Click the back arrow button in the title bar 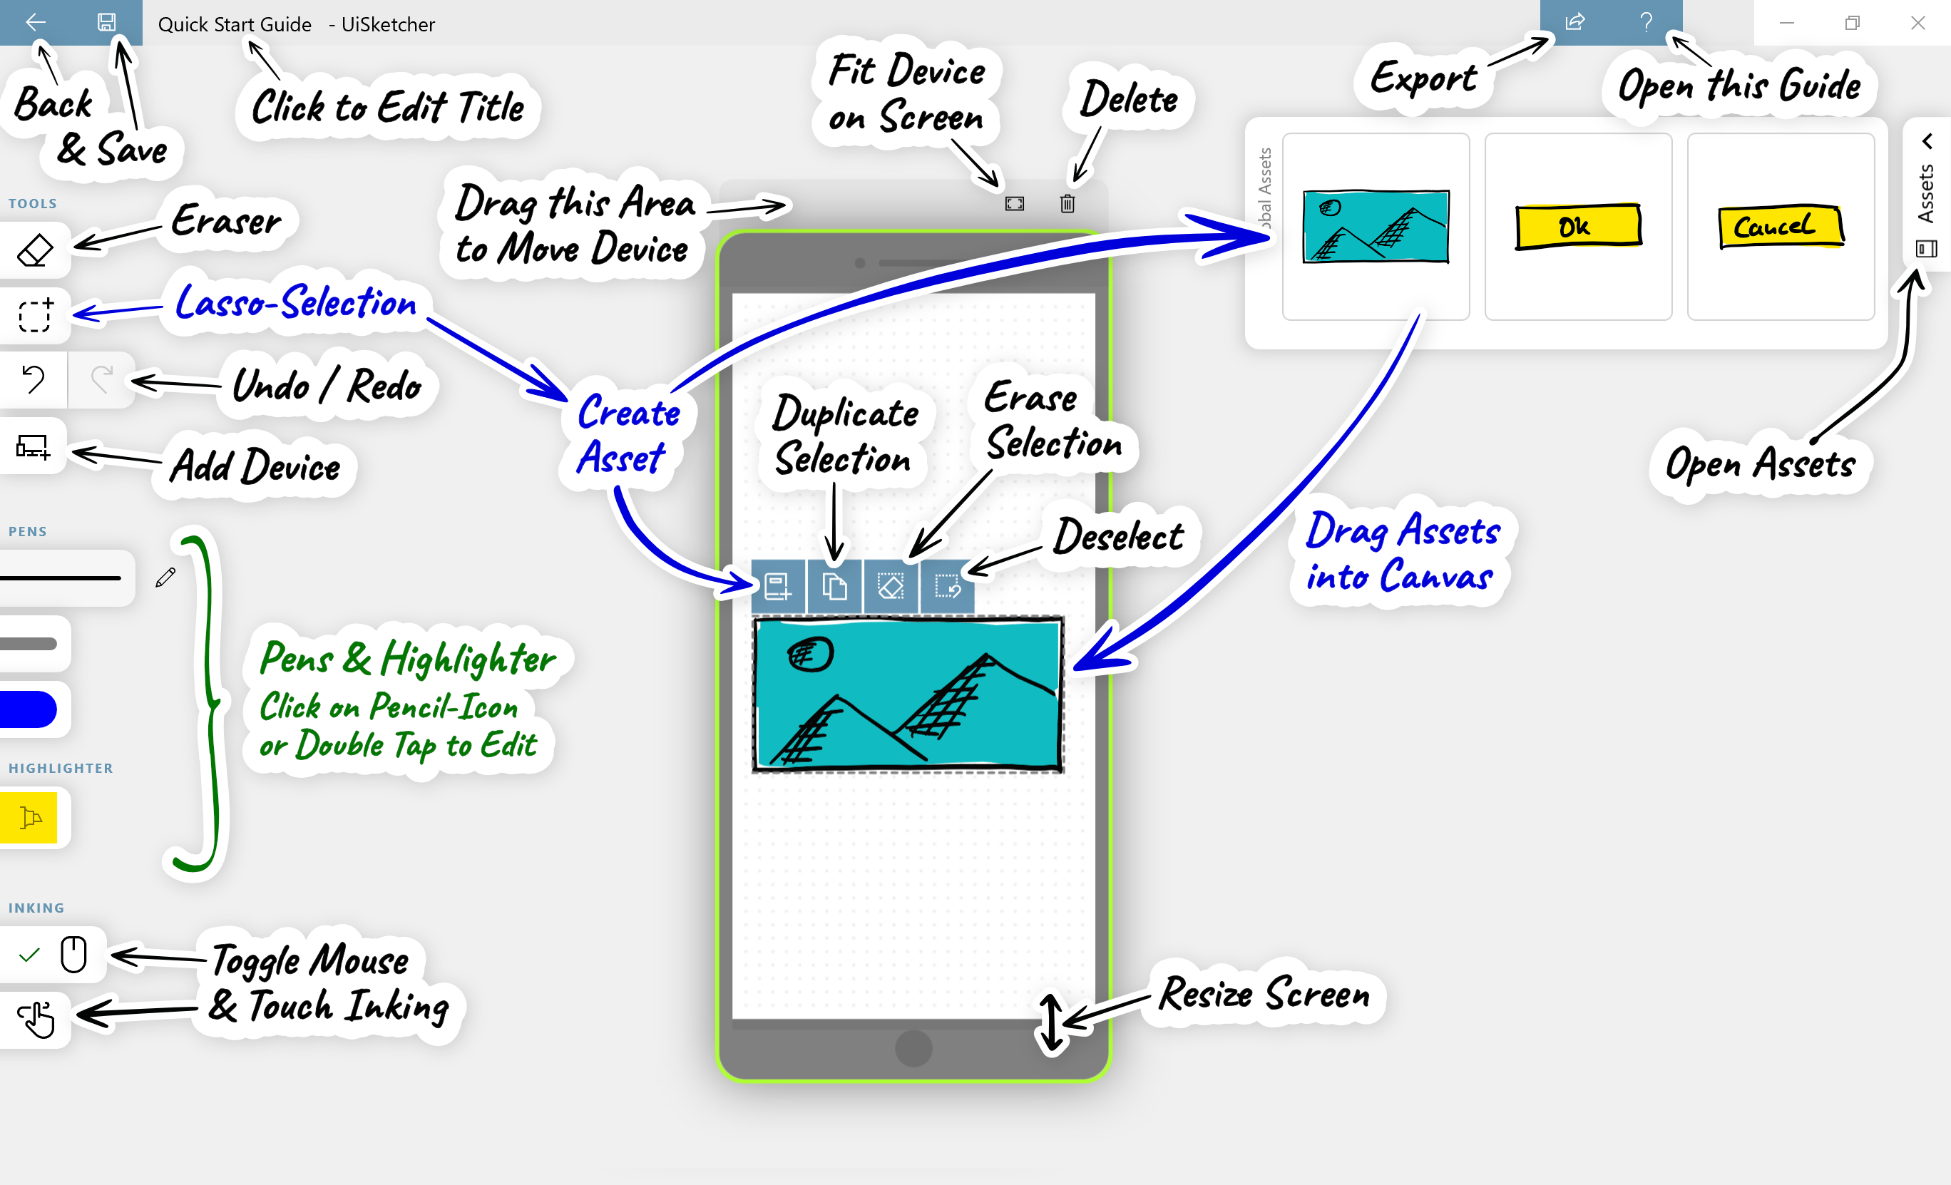35,22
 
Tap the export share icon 1575,22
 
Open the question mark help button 1646,22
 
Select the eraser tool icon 35,251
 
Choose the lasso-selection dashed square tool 35,315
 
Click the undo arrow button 34,379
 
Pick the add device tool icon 34,446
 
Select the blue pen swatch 29,709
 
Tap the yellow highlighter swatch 29,817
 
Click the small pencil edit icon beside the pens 165,577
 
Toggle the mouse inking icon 73,954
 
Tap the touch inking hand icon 36,1019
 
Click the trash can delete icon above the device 1067,203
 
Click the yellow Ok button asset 1577,227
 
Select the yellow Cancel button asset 1780,227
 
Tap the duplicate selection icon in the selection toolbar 834,587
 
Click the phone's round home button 913,1048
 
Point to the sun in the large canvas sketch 810,654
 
